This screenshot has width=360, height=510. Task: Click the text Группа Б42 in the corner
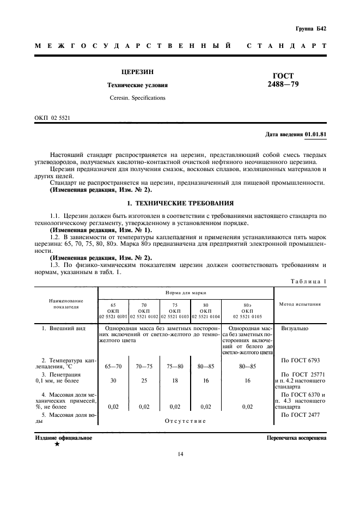[x=310, y=28]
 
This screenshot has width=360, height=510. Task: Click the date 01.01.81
[x=316, y=133]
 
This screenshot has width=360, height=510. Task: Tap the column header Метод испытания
[x=300, y=303]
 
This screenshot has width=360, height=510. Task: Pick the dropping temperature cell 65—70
[x=113, y=366]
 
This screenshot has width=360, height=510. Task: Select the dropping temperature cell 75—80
[x=175, y=366]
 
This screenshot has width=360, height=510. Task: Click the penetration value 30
[x=113, y=381]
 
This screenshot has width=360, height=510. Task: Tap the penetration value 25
[x=144, y=381]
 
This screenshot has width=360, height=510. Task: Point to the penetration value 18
[x=175, y=381]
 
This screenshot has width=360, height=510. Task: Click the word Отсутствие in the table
[x=185, y=421]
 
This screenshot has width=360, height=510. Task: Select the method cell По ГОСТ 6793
[x=301, y=360]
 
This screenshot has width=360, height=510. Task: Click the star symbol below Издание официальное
[x=57, y=444]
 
